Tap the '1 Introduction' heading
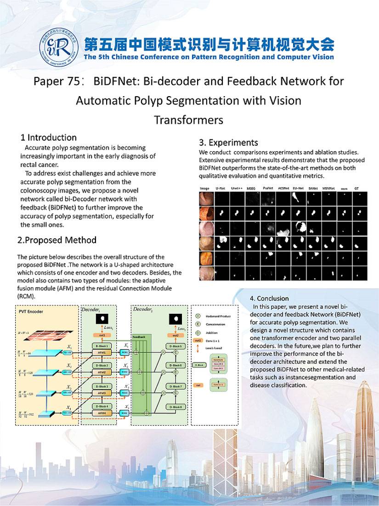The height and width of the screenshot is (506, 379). (48, 138)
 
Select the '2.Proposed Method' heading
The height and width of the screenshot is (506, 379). (57, 240)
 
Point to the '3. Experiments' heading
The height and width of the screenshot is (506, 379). (228, 142)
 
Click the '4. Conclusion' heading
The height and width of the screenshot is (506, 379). (269, 298)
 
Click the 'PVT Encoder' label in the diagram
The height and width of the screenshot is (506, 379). (31, 311)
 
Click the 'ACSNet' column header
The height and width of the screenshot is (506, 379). (283, 189)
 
